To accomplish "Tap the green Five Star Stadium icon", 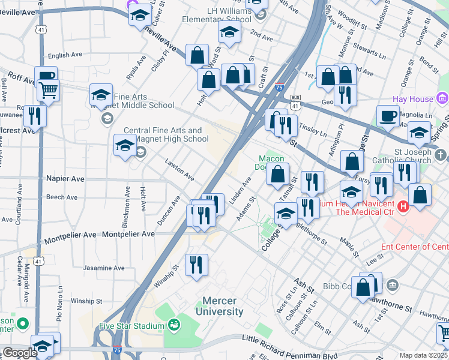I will pos(175,325).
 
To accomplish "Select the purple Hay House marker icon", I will pos(442,98).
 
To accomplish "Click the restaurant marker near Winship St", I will pos(196,265).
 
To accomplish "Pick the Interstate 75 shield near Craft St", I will pos(279,87).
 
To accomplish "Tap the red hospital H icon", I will pos(403,206).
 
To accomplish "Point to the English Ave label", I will pos(64,55).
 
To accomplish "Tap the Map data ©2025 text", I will pos(423,355).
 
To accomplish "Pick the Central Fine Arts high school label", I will pos(166,135).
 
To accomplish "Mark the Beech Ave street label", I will pos(62,197).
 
